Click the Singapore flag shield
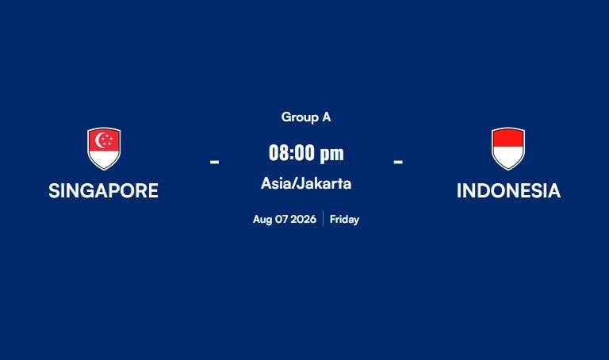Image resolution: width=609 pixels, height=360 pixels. click(x=104, y=149)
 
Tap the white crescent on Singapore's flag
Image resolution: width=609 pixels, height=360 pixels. click(x=100, y=140)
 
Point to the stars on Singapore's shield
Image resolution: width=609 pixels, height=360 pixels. click(x=107, y=140)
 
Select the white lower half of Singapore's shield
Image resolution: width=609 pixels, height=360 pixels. click(x=104, y=160)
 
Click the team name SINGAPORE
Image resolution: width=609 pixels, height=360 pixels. click(x=103, y=190)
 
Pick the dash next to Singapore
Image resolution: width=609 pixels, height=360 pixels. click(x=214, y=161)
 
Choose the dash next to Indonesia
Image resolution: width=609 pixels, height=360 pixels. click(x=398, y=161)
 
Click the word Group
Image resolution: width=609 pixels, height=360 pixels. click(x=300, y=117)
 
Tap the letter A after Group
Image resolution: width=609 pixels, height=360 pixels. click(x=326, y=117)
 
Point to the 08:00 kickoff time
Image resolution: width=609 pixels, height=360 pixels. click(x=292, y=152)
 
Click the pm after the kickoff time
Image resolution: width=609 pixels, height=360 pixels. click(x=331, y=154)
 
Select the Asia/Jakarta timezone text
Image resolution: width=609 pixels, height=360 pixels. click(x=306, y=183)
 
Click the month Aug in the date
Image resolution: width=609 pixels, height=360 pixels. click(x=262, y=220)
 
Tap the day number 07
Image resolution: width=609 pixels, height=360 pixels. click(x=282, y=220)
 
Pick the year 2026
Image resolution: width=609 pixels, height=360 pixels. click(x=304, y=220)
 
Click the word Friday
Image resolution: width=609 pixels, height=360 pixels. click(x=344, y=220)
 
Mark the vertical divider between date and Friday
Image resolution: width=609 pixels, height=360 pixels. click(x=324, y=219)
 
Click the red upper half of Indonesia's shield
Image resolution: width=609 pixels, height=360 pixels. click(x=508, y=138)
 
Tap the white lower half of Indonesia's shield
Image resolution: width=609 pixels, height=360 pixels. click(x=508, y=157)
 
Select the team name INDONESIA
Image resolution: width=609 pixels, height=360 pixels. click(x=508, y=190)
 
